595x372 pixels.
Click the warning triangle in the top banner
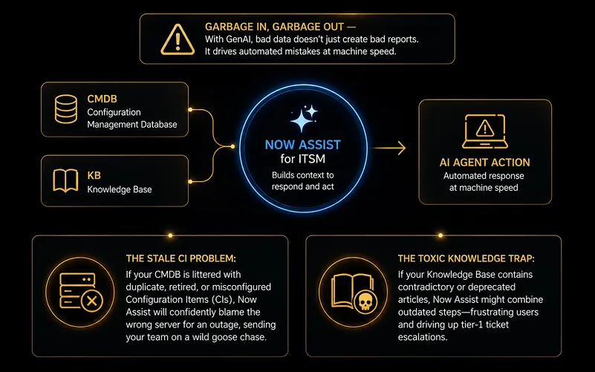point(178,39)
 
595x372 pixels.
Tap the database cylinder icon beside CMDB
point(65,109)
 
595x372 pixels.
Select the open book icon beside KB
point(65,180)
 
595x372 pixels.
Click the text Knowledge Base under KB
point(120,189)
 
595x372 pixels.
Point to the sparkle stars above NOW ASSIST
point(304,118)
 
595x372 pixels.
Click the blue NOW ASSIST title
point(303,145)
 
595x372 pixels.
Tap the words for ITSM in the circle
point(303,159)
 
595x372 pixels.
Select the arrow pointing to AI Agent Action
point(389,148)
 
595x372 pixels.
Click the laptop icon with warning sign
point(485,131)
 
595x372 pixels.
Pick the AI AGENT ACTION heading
point(484,163)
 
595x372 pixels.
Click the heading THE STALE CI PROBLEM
point(181,258)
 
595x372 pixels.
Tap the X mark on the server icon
point(92,301)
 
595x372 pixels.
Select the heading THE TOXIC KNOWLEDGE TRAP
point(466,258)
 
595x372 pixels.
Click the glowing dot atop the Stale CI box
point(170,235)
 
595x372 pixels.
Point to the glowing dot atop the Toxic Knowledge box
point(440,235)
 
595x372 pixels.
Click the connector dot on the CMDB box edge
point(190,110)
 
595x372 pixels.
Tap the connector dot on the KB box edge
point(190,182)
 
